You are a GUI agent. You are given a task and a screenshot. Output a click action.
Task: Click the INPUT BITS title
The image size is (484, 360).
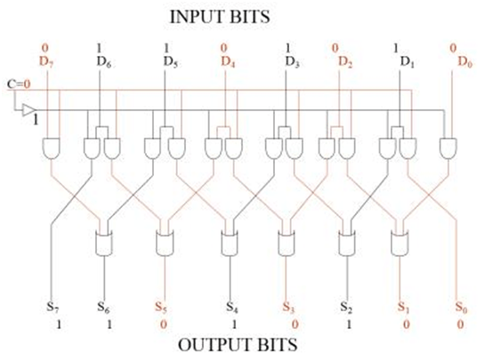pos(220,17)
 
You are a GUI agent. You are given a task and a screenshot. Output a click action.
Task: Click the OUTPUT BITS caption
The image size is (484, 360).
pos(238,345)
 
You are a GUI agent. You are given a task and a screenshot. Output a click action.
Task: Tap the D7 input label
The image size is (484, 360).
pos(47,62)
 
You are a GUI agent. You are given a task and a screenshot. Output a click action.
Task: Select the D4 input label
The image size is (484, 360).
pos(228,62)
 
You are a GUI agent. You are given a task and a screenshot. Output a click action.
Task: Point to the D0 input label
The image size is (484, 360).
pos(464,62)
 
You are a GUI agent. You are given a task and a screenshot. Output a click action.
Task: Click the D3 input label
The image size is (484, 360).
pos(293,62)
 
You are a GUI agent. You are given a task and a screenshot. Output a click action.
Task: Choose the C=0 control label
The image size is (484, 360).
pos(19,84)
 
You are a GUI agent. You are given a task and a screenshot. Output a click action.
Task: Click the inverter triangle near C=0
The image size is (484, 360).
pos(28,110)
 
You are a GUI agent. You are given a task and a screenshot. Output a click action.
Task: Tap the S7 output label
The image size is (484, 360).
pos(52,307)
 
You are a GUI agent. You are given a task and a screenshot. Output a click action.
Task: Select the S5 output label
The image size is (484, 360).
pos(161,307)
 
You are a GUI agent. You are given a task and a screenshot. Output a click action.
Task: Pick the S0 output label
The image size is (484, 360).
pos(462,308)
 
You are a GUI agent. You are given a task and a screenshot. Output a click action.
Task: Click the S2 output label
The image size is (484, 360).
pos(346,307)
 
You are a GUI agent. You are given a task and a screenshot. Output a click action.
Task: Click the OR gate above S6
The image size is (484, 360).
pos(104,243)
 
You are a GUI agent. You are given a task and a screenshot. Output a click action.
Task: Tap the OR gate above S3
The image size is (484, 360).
pos(286,243)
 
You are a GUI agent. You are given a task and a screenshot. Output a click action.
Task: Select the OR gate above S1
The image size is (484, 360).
pos(399,243)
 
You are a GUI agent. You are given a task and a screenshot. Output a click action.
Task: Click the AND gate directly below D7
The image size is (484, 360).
pos(52,148)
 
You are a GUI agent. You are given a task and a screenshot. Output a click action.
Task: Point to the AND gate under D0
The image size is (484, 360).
pos(448,148)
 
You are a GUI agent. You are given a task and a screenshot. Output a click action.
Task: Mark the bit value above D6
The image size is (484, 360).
pos(99,48)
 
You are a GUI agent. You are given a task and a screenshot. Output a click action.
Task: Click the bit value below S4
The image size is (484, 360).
pos(234,324)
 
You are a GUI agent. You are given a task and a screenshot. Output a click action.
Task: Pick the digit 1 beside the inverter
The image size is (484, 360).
pos(36,119)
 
